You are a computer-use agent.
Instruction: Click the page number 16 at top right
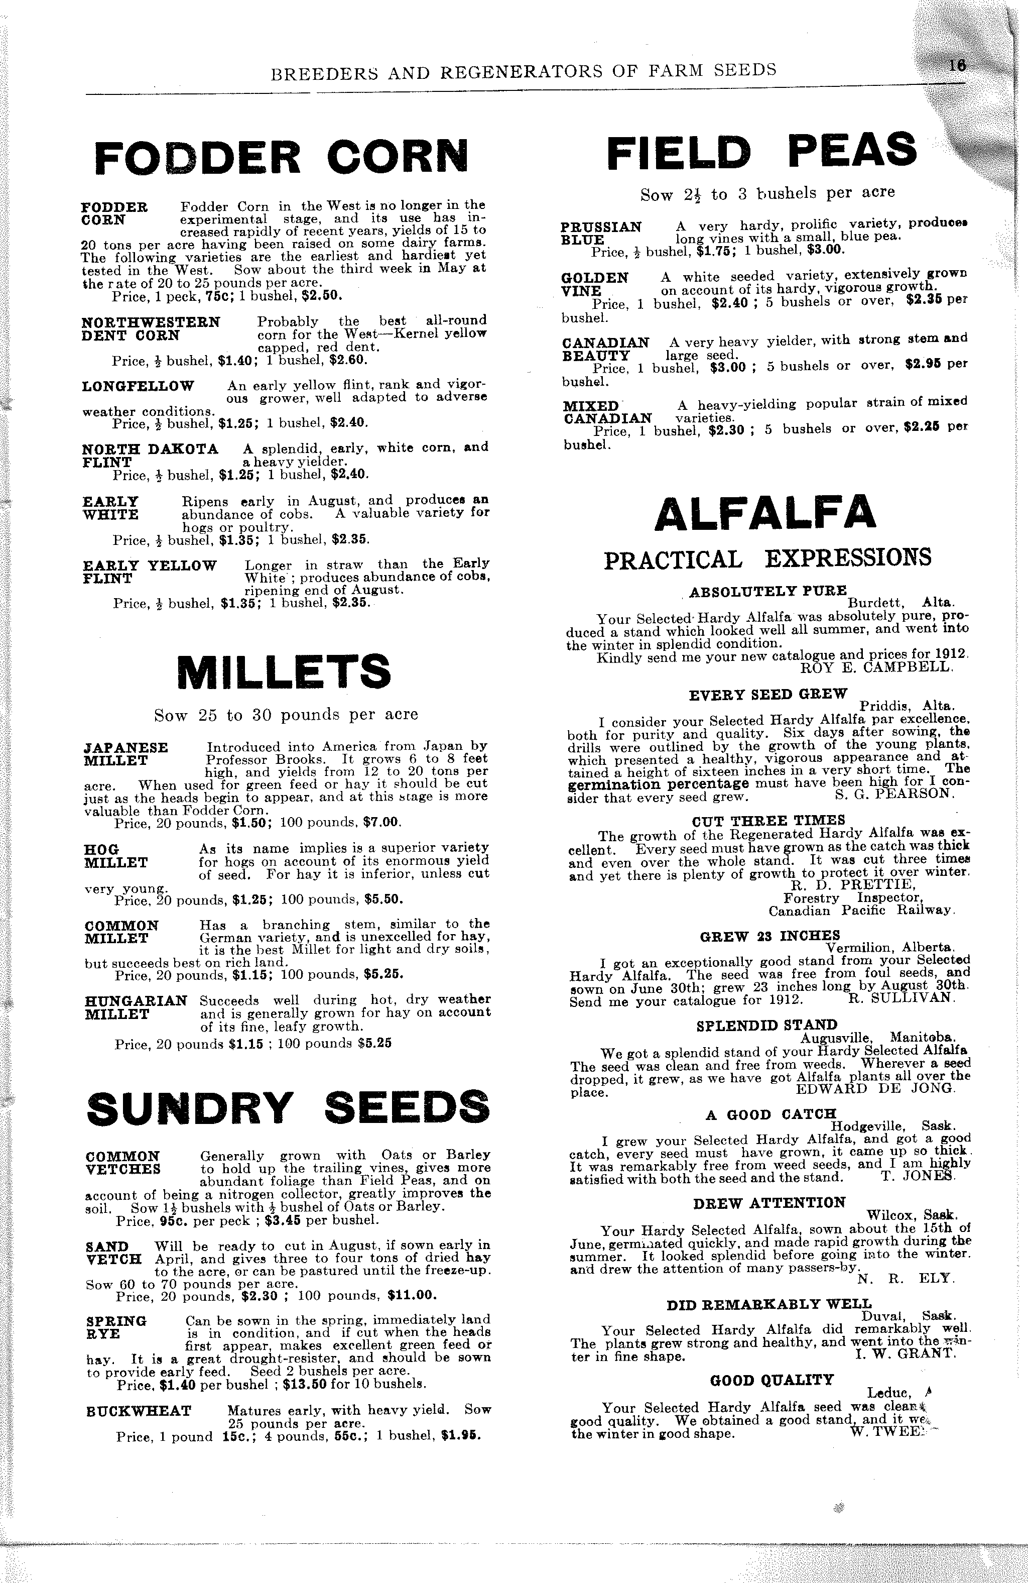958,66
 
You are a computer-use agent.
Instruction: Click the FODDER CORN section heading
281,158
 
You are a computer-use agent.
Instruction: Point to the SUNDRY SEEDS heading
288,1107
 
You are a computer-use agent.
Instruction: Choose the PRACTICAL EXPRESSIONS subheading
767,558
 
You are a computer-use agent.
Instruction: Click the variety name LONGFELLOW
139,386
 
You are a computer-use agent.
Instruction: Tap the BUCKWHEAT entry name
139,1411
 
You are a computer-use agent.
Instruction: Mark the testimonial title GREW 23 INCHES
770,937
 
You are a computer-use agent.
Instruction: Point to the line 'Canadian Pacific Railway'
862,911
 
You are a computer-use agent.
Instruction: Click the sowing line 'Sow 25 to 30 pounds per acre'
286,715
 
